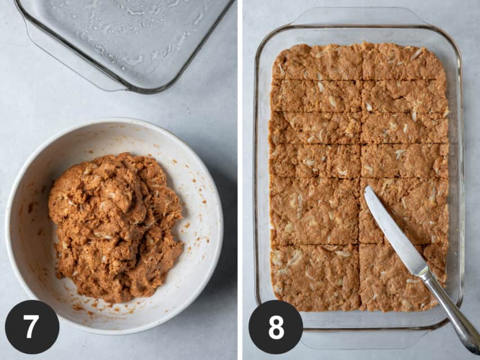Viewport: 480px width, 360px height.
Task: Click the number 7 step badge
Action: (x=32, y=327)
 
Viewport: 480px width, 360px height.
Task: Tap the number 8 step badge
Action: (x=276, y=327)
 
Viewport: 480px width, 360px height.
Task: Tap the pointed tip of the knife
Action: (x=366, y=187)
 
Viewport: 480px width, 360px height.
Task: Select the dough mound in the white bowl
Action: (x=116, y=227)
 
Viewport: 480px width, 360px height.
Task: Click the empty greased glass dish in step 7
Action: (x=123, y=43)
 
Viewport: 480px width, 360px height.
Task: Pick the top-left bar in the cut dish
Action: (x=318, y=62)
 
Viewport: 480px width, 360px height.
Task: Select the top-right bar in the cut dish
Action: (x=404, y=61)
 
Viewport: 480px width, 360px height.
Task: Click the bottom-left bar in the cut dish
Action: (x=315, y=277)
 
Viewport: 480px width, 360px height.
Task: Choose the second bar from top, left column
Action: (x=316, y=96)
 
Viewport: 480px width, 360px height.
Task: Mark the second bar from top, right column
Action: (x=405, y=96)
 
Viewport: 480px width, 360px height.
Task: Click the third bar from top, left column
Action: (x=315, y=128)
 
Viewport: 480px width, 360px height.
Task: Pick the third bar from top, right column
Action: (x=405, y=128)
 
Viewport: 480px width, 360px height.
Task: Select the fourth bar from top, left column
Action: (x=315, y=161)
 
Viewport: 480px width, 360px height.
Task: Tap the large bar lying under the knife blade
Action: (x=403, y=211)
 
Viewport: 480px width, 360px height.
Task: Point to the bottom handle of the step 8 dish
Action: (x=364, y=339)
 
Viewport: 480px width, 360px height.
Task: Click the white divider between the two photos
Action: (x=240, y=180)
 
